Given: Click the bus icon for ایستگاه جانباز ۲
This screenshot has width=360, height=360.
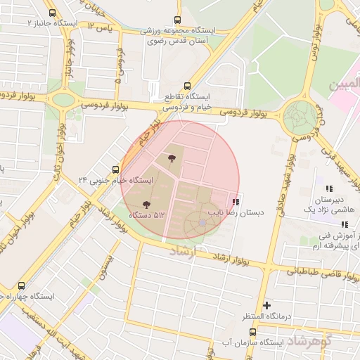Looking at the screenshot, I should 52,13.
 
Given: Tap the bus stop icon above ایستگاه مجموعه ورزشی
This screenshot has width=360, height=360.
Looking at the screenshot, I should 176,20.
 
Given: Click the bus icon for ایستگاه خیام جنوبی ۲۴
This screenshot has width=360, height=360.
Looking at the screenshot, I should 116,169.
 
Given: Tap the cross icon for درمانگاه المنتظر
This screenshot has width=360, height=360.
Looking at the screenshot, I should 266,305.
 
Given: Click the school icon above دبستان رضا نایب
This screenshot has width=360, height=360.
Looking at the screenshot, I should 235,201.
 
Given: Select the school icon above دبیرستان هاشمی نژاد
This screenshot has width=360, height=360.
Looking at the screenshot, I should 328,188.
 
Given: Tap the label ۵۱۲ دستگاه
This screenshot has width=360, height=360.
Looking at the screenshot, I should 165,214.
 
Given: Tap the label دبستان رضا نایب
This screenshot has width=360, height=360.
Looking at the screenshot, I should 235,211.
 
